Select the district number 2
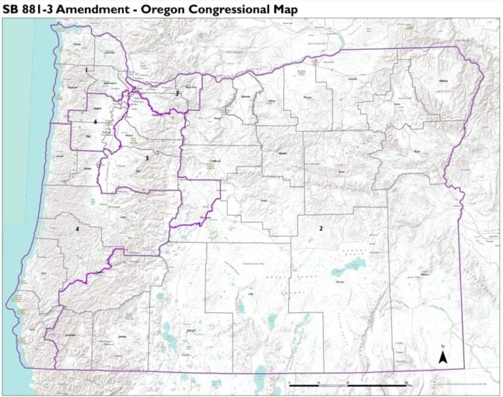coord(321,229)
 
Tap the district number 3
coord(176,94)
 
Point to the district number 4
coord(77,229)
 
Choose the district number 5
coord(147,158)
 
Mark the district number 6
coord(96,122)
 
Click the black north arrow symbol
coord(443,356)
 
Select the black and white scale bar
coord(347,382)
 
